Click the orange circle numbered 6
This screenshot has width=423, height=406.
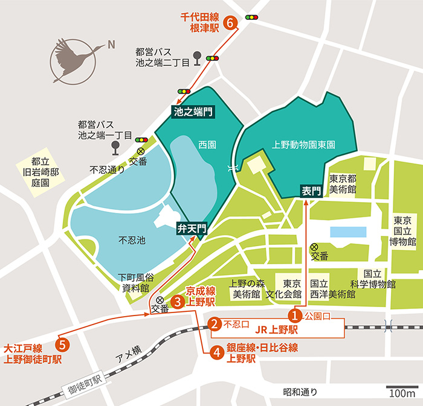pyautogui.click(x=230, y=23)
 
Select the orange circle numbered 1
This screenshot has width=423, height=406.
pyautogui.click(x=294, y=315)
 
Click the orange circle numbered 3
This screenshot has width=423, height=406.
pyautogui.click(x=178, y=300)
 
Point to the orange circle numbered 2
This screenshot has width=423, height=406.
pyautogui.click(x=214, y=325)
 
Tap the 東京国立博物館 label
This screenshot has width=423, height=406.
pyautogui.click(x=404, y=231)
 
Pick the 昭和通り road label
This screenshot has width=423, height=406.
pyautogui.click(x=300, y=393)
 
